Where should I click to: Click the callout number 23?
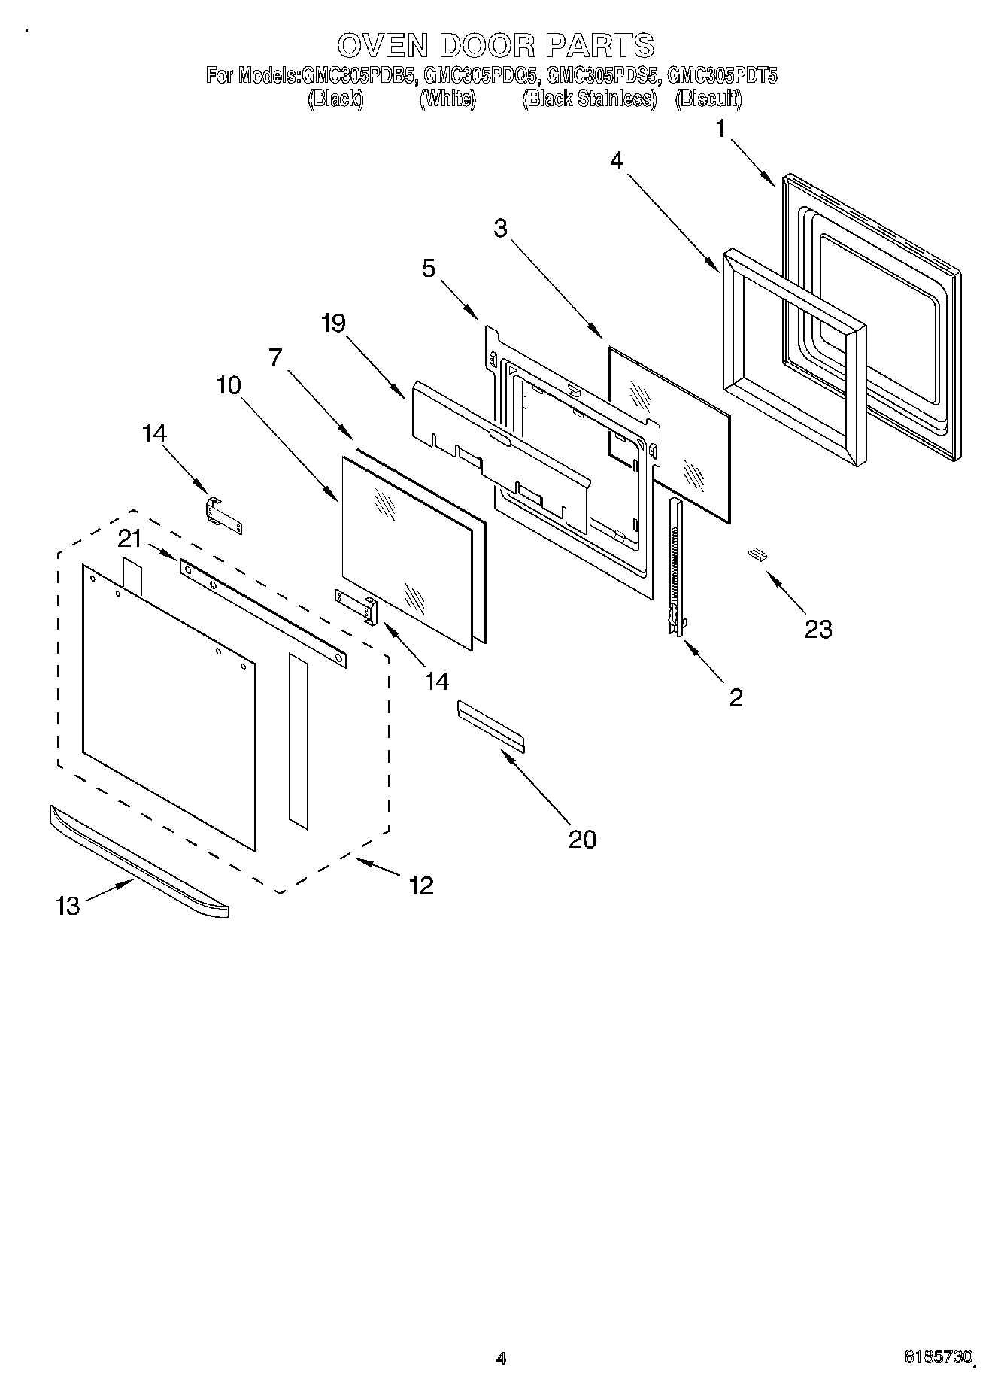pyautogui.click(x=817, y=628)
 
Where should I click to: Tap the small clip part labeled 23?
pyautogui.click(x=756, y=554)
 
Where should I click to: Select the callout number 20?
pyautogui.click(x=582, y=839)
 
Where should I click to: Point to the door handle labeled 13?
pyautogui.click(x=138, y=861)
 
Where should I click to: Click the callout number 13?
pyautogui.click(x=68, y=906)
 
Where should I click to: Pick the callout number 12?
pyautogui.click(x=420, y=885)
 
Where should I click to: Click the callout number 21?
pyautogui.click(x=129, y=539)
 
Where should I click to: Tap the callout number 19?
pyautogui.click(x=332, y=323)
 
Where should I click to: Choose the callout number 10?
pyautogui.click(x=229, y=386)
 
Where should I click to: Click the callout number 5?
pyautogui.click(x=428, y=268)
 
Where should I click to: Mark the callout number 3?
pyautogui.click(x=501, y=229)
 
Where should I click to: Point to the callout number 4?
pyautogui.click(x=616, y=161)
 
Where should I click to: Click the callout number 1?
pyautogui.click(x=720, y=129)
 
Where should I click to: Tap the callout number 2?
pyautogui.click(x=736, y=697)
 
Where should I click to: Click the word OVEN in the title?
pyautogui.click(x=383, y=46)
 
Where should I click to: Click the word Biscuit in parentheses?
pyautogui.click(x=708, y=99)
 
